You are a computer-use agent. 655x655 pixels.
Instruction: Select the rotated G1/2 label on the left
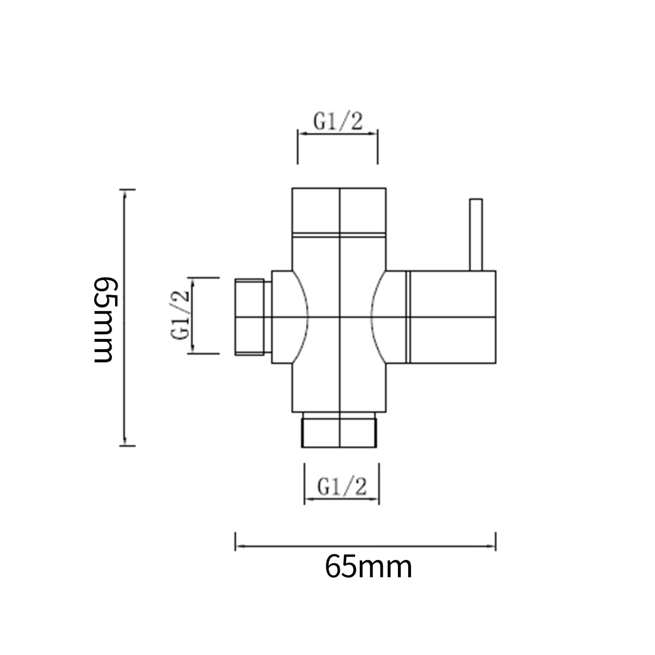click(180, 315)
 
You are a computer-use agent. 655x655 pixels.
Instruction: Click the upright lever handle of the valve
click(476, 234)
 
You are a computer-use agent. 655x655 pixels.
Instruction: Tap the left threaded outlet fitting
click(250, 317)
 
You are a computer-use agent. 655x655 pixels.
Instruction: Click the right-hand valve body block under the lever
click(453, 317)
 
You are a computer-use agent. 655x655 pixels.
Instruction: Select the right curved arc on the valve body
click(374, 317)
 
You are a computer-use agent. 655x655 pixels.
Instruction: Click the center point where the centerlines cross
click(339, 317)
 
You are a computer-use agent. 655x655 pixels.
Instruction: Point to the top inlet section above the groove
click(339, 210)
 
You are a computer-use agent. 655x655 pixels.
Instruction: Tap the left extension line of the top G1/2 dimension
click(298, 149)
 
